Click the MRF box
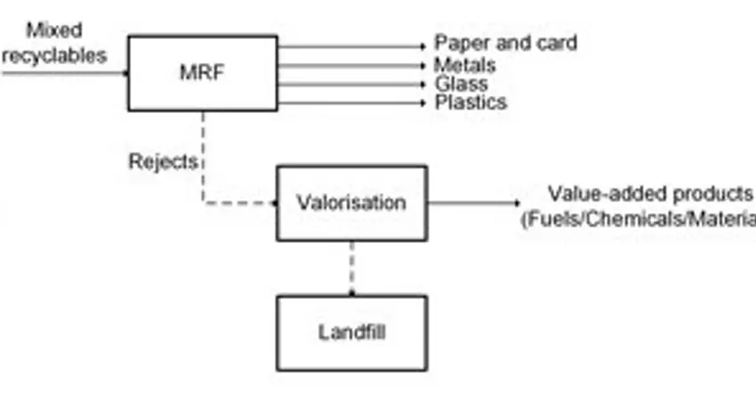point(202,73)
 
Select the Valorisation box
point(351,203)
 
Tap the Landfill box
point(351,333)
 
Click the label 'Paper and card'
point(505,43)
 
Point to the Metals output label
point(464,65)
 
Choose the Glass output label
point(461,84)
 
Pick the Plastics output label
point(470,102)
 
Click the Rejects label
point(162,163)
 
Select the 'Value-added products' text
point(650,194)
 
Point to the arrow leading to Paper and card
point(351,46)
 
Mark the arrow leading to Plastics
point(351,103)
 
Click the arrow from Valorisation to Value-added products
point(471,203)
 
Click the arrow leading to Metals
point(351,65)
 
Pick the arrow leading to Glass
point(351,84)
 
